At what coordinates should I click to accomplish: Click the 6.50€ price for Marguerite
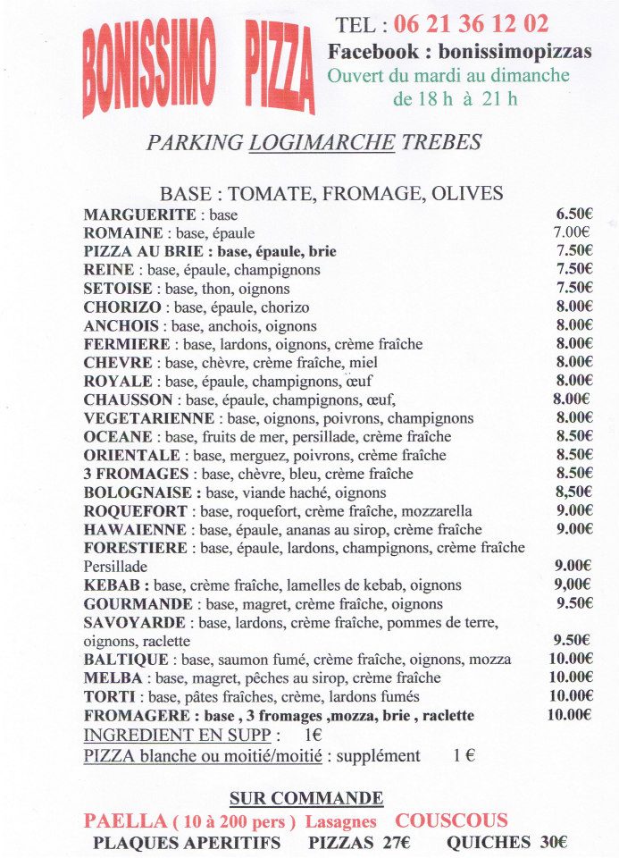(x=574, y=214)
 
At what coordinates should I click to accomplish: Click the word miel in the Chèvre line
(x=364, y=363)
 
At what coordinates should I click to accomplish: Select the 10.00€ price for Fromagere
(x=570, y=715)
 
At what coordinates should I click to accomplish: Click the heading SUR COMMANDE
(x=306, y=798)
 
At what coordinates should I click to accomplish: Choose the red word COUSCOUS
(x=452, y=820)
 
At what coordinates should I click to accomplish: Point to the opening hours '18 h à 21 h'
(x=455, y=98)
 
